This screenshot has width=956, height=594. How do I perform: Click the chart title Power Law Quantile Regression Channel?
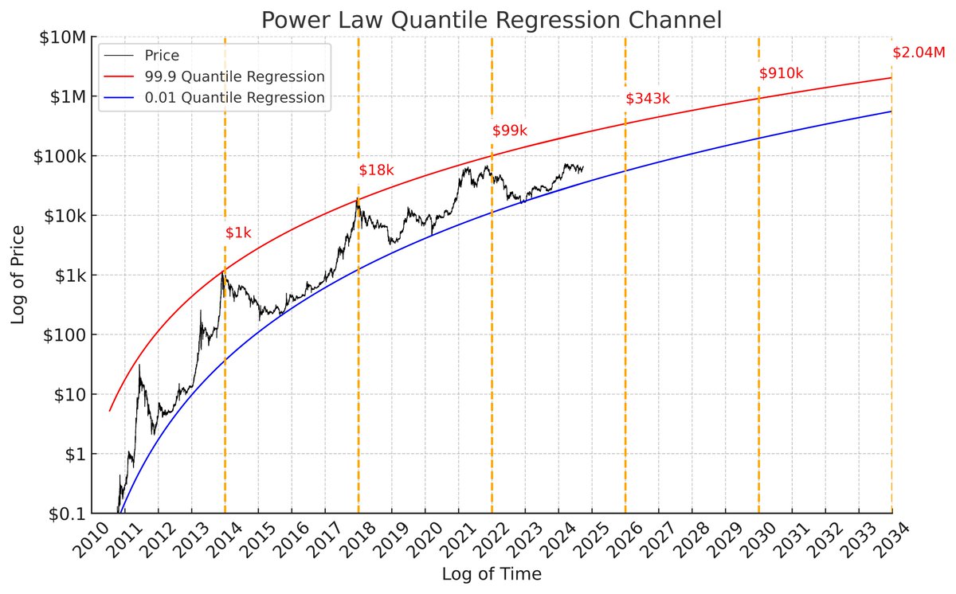(492, 20)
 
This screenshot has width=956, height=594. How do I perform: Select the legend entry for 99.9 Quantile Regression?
(234, 77)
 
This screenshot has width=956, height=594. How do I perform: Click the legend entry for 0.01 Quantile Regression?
(234, 98)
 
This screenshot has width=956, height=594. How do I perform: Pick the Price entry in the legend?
(162, 57)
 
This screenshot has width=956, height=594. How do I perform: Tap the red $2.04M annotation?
(919, 53)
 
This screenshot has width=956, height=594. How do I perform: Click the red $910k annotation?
(781, 73)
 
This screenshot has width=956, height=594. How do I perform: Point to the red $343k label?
(648, 99)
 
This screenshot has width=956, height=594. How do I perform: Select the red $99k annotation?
(510, 131)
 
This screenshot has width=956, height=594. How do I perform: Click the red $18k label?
(376, 170)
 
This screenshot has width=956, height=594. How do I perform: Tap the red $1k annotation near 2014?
(238, 233)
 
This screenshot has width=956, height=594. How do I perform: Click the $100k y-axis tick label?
(61, 156)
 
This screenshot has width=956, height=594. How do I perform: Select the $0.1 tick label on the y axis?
(67, 514)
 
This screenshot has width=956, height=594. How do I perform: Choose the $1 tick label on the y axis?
(76, 454)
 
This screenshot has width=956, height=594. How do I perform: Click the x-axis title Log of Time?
(492, 573)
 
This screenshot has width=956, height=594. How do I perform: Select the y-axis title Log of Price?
(18, 275)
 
